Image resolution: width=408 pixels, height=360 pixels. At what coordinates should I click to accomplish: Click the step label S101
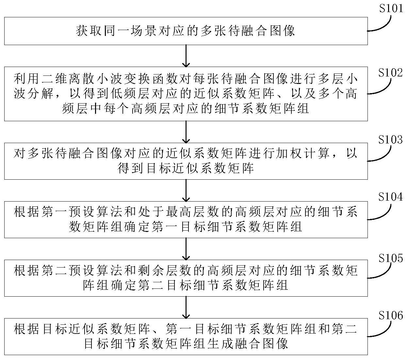click(391, 8)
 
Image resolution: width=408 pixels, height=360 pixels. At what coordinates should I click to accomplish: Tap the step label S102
click(390, 73)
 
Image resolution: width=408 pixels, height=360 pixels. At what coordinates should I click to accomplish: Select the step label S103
click(390, 139)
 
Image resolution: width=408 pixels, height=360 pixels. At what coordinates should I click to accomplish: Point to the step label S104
click(390, 197)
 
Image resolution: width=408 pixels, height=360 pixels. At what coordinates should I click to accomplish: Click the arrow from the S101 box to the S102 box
click(186, 56)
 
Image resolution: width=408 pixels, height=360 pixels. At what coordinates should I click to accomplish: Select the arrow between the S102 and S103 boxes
click(186, 132)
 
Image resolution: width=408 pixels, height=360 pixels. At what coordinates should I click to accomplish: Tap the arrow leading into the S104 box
click(186, 190)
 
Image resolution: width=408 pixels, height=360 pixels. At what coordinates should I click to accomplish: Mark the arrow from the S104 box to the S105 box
click(186, 249)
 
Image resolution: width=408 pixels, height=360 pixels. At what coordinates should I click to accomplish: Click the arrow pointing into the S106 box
click(186, 307)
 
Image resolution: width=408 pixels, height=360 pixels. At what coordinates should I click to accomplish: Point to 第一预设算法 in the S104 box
click(75, 212)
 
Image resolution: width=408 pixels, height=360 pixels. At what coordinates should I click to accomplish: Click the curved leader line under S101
click(379, 24)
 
